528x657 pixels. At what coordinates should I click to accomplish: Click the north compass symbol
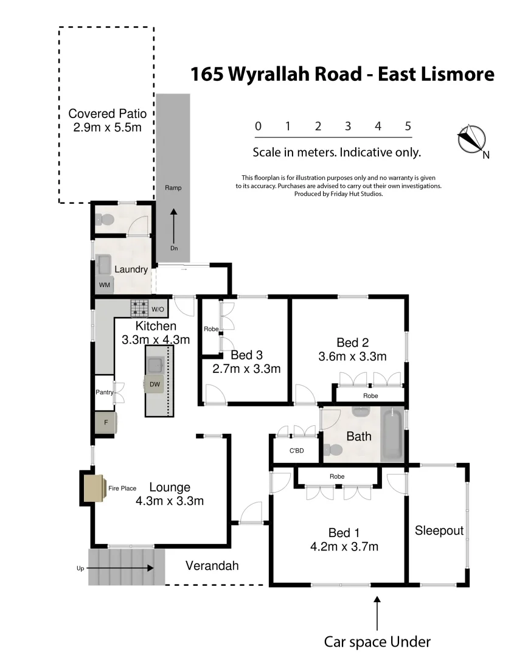[471, 139]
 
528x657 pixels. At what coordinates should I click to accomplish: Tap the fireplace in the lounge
[94, 488]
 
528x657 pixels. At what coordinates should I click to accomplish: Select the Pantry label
[104, 392]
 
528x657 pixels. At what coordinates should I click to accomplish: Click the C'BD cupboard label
[296, 451]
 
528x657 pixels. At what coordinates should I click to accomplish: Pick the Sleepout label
[439, 530]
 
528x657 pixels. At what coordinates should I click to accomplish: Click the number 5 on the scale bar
[408, 127]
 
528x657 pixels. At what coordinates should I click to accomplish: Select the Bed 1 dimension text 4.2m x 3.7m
[344, 546]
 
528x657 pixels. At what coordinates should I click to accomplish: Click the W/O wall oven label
[158, 309]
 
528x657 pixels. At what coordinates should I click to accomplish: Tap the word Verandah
[212, 566]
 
